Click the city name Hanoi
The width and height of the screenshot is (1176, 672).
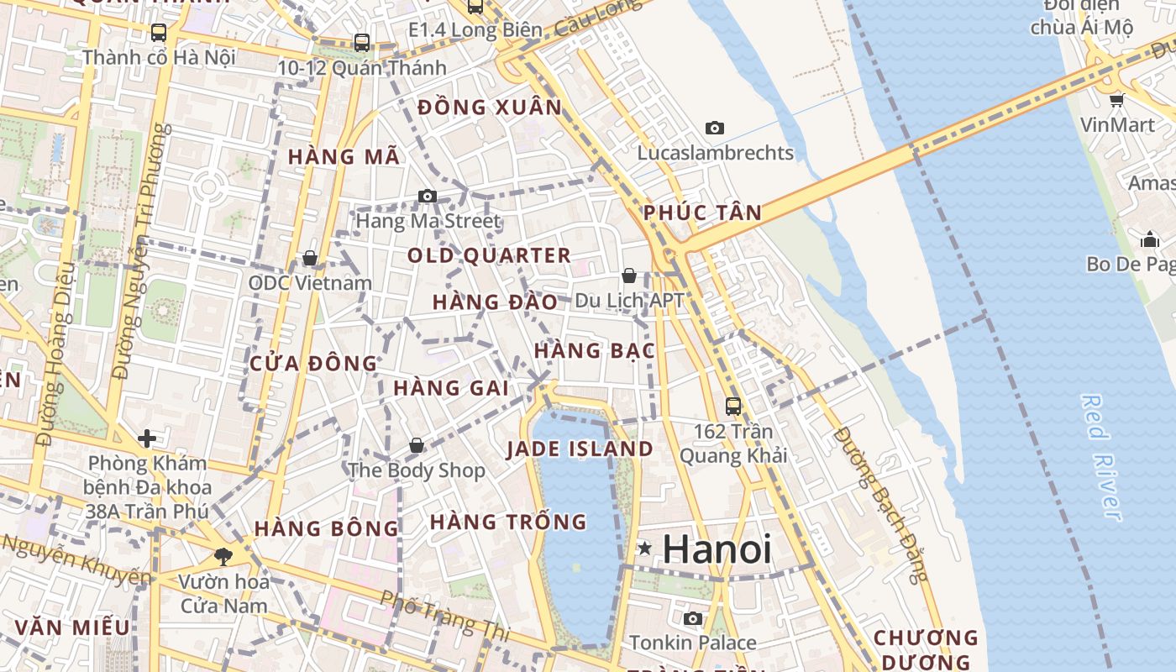pyautogui.click(x=717, y=549)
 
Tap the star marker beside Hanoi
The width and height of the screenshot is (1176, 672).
pyautogui.click(x=644, y=549)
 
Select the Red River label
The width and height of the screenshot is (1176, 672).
pyautogui.click(x=1102, y=458)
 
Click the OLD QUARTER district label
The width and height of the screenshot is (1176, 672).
pyautogui.click(x=489, y=255)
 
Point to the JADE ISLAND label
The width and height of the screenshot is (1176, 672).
pyautogui.click(x=580, y=449)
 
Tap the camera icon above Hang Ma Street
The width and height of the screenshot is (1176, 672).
pyautogui.click(x=428, y=197)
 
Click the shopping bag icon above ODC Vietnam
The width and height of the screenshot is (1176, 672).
pyautogui.click(x=310, y=258)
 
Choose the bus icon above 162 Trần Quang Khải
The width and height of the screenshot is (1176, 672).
pyautogui.click(x=733, y=407)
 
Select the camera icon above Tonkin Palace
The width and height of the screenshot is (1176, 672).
pyautogui.click(x=693, y=619)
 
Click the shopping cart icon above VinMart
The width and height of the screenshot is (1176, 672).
pyautogui.click(x=1116, y=101)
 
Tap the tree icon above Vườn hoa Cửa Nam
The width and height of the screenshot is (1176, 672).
pyautogui.click(x=223, y=556)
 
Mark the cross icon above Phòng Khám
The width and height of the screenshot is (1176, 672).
pyautogui.click(x=147, y=438)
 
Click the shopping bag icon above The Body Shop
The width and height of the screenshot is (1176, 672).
pyautogui.click(x=417, y=445)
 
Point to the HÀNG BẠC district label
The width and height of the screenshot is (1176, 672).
pyautogui.click(x=594, y=350)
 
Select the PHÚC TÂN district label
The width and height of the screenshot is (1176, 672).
pyautogui.click(x=702, y=213)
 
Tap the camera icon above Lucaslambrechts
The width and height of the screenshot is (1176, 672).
pyautogui.click(x=715, y=129)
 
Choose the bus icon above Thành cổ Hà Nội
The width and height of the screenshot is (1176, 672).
pyautogui.click(x=159, y=33)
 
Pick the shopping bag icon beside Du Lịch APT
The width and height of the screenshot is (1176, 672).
pyautogui.click(x=628, y=276)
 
